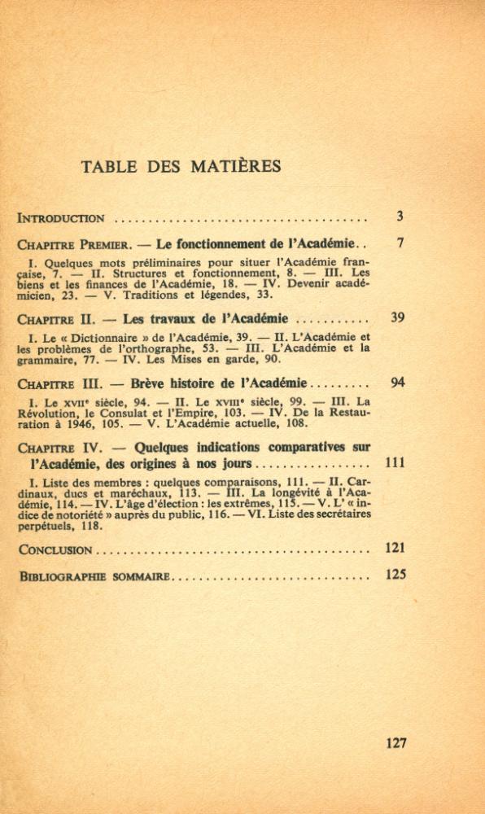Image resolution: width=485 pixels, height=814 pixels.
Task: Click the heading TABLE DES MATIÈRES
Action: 181,167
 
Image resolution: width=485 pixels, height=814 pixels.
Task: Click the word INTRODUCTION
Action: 61,218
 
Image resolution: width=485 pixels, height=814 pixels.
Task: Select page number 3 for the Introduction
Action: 400,217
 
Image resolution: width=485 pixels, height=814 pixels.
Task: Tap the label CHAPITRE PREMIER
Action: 69,244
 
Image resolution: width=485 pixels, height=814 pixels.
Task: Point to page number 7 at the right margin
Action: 400,243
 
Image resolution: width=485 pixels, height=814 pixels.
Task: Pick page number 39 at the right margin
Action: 397,317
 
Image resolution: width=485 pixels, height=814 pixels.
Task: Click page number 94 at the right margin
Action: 397,382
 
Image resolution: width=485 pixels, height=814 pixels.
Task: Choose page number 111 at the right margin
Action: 395,462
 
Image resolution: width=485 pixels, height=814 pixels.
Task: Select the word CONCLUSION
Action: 55,550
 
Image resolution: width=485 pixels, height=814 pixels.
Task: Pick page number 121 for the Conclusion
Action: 395,548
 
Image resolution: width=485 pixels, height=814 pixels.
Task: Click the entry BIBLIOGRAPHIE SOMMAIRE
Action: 94,577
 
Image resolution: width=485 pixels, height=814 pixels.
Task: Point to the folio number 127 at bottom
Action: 395,742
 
